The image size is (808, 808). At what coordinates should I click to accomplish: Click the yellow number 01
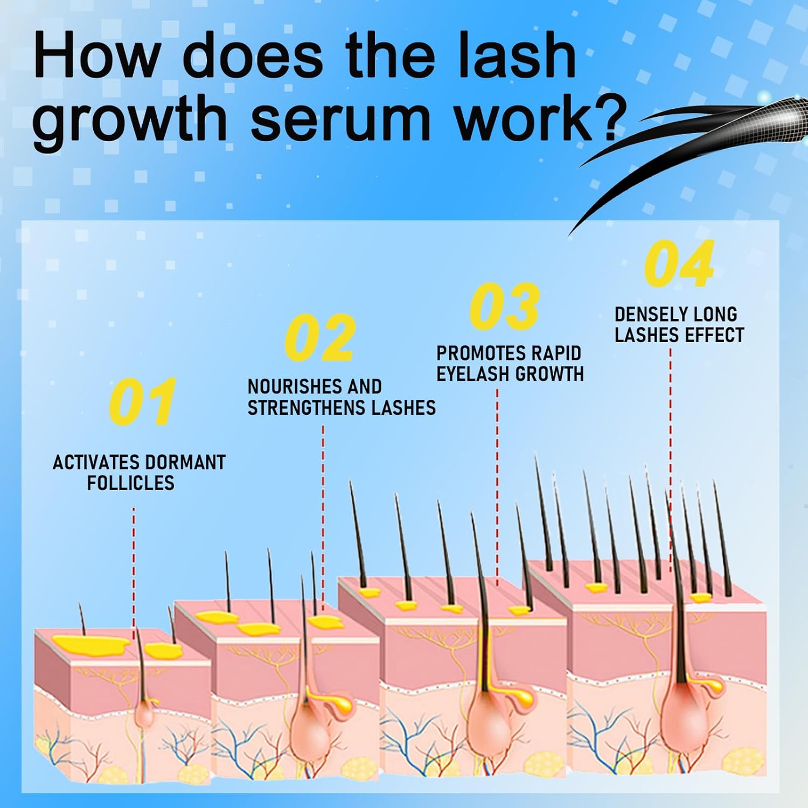[142, 401]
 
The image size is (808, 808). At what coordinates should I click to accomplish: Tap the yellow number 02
[320, 338]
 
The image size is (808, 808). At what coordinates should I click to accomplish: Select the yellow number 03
[504, 306]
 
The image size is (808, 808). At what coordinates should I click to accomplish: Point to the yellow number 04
[679, 264]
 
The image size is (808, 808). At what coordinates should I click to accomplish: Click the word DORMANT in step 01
[185, 463]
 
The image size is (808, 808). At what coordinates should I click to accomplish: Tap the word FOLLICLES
[131, 483]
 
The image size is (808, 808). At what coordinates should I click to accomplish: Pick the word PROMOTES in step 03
[473, 353]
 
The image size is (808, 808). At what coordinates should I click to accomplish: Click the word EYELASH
[473, 374]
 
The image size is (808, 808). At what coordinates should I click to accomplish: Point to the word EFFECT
[715, 335]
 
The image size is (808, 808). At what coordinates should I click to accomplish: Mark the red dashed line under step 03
[497, 485]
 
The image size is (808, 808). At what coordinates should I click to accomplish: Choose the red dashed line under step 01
[134, 566]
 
